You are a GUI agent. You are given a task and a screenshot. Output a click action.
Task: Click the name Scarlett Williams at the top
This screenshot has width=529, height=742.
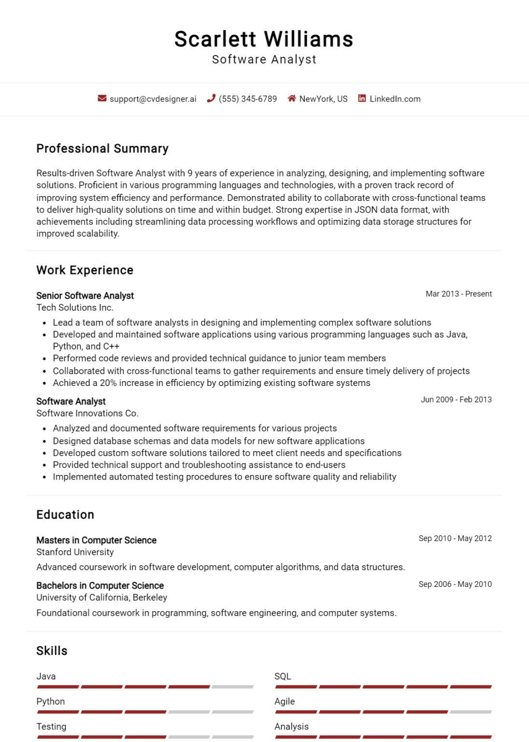(x=264, y=39)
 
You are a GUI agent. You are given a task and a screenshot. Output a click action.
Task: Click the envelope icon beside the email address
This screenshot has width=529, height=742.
(x=102, y=99)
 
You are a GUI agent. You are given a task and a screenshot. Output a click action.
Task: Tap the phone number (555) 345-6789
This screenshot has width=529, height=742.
(x=247, y=99)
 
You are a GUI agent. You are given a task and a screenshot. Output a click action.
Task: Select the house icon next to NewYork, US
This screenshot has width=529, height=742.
(x=292, y=99)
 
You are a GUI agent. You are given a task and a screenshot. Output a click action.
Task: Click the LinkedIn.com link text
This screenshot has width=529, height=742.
(x=395, y=99)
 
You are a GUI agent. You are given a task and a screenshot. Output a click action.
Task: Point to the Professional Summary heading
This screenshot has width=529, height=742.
(x=102, y=149)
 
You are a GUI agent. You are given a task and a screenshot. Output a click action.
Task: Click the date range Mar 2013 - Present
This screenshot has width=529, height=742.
(x=458, y=294)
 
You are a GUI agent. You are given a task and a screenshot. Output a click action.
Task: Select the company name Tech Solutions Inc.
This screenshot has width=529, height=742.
(x=75, y=308)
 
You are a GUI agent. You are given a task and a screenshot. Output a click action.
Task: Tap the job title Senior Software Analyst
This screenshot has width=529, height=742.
(x=85, y=296)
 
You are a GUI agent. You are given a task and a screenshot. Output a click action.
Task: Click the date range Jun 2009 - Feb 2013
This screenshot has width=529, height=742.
(x=456, y=400)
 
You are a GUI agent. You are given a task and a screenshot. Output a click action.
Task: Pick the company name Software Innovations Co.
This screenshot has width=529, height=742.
(x=87, y=414)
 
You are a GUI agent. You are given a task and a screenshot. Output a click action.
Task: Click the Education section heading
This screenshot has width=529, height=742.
(x=65, y=515)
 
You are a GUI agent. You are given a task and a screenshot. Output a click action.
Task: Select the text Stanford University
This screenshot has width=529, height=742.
(x=75, y=552)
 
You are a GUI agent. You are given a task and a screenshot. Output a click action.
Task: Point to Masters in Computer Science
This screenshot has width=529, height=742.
(x=96, y=540)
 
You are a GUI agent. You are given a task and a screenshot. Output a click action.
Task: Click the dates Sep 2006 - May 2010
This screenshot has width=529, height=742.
(x=455, y=584)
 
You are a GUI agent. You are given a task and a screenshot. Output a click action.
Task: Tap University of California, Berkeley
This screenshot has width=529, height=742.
(x=101, y=598)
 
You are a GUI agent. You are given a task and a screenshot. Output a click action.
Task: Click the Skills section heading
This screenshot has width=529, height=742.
(x=52, y=651)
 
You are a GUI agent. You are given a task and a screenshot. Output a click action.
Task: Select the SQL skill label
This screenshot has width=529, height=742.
(x=283, y=676)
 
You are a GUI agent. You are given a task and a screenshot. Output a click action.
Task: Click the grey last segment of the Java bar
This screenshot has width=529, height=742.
(x=232, y=687)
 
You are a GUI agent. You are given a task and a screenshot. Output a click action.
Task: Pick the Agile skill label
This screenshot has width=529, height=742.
(x=285, y=701)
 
